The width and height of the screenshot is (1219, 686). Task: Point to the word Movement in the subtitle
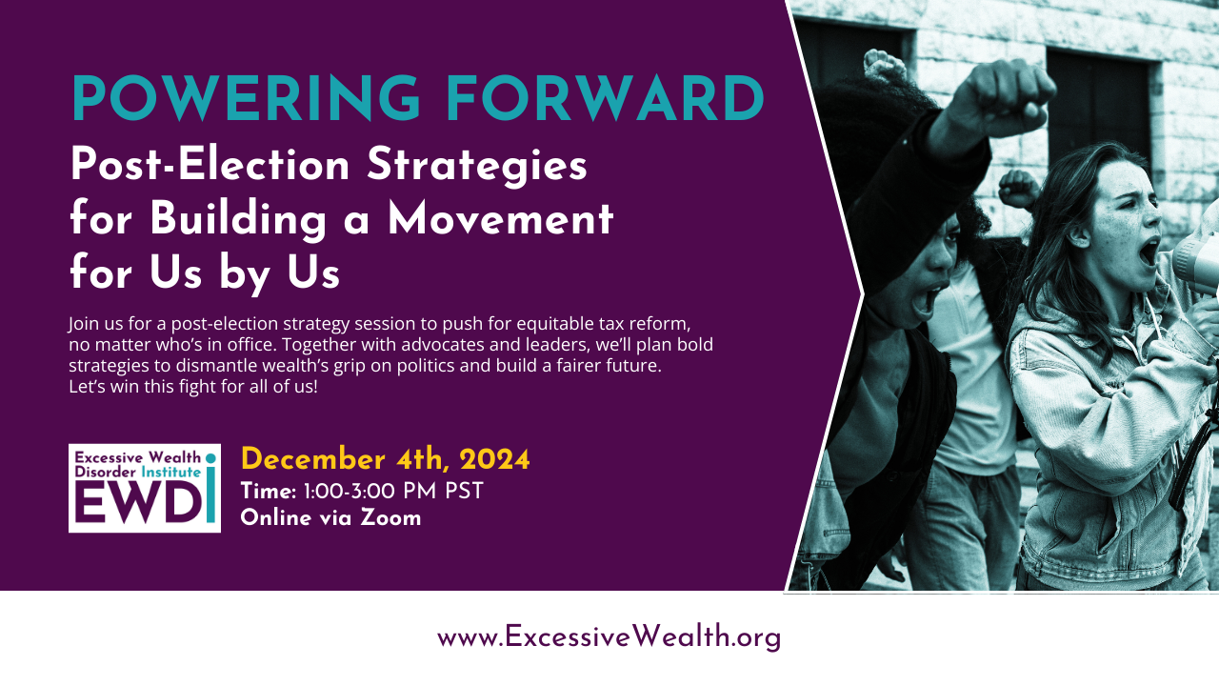tap(500, 220)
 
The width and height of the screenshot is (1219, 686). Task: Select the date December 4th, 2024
tap(385, 459)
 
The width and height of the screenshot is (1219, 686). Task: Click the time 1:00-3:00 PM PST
tap(393, 492)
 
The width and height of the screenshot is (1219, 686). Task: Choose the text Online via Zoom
tap(330, 518)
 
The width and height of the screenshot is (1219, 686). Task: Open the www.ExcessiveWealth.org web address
tap(609, 636)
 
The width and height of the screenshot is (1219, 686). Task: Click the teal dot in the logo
tap(210, 458)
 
